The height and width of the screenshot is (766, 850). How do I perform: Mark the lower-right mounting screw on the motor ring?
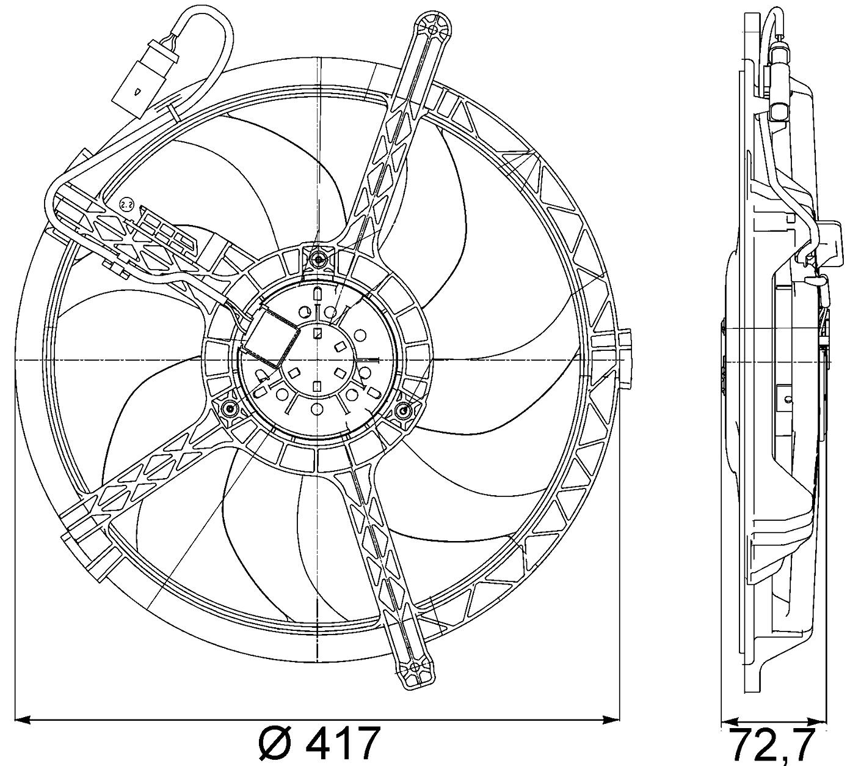[404, 410]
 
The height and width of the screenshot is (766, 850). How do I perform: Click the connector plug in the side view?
[780, 92]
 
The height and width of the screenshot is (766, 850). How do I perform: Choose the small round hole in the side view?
[788, 400]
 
